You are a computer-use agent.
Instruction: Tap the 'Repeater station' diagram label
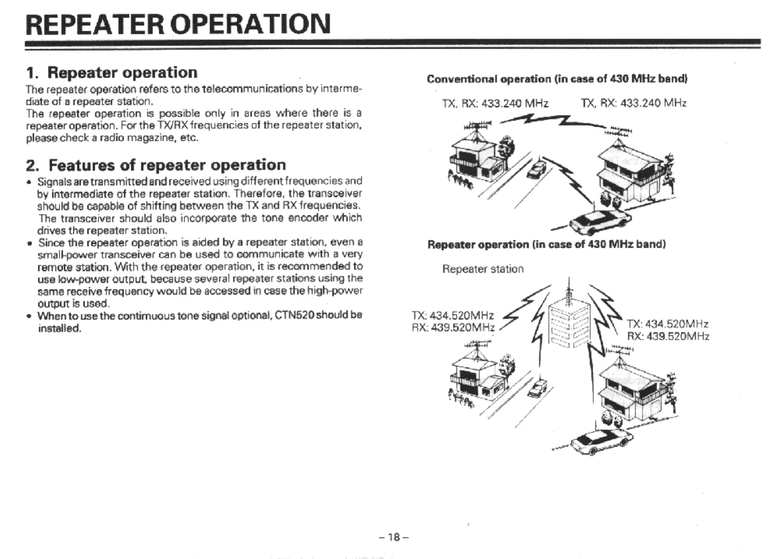pos(483,269)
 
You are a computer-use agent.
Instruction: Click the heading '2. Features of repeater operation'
pos(156,165)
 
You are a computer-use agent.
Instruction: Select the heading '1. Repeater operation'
pos(112,73)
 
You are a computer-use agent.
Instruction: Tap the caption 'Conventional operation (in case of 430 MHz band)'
pos(557,79)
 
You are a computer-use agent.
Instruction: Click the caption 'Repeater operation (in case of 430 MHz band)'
pos(546,244)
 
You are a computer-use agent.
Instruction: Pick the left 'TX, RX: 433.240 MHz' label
pos(495,103)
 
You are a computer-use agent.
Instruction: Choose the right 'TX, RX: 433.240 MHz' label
pos(634,103)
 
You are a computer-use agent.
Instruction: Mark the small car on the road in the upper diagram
pos(536,169)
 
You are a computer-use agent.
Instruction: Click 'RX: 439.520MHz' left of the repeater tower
pos(453,327)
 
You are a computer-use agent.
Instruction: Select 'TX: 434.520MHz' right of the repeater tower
pos(668,324)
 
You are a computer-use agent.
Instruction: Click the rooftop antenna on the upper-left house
pos(477,126)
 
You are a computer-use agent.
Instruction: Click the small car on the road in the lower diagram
pos(539,388)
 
